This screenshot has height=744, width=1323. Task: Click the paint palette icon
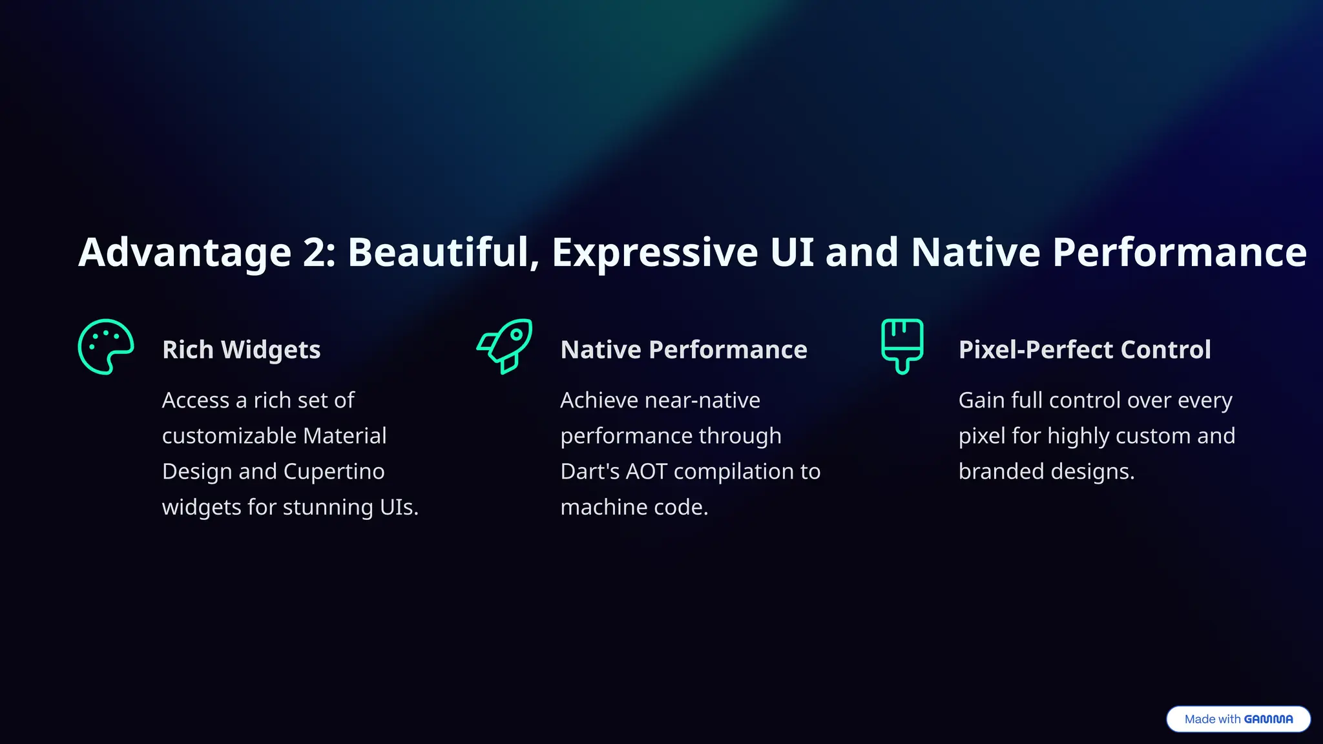pyautogui.click(x=105, y=347)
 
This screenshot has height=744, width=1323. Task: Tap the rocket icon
pyautogui.click(x=505, y=346)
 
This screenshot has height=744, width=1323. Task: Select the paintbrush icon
pyautogui.click(x=902, y=346)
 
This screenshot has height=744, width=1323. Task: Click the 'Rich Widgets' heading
pyautogui.click(x=241, y=349)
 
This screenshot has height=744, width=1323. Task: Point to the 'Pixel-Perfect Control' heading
pyautogui.click(x=1084, y=349)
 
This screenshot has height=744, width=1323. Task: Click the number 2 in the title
pyautogui.click(x=318, y=252)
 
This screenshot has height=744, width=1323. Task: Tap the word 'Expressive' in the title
pyautogui.click(x=654, y=252)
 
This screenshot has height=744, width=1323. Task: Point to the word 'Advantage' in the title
pyautogui.click(x=185, y=252)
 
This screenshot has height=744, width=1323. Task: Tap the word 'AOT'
pyautogui.click(x=646, y=471)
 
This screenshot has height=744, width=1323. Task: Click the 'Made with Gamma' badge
pyautogui.click(x=1238, y=719)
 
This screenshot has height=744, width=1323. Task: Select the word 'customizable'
pyautogui.click(x=229, y=436)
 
